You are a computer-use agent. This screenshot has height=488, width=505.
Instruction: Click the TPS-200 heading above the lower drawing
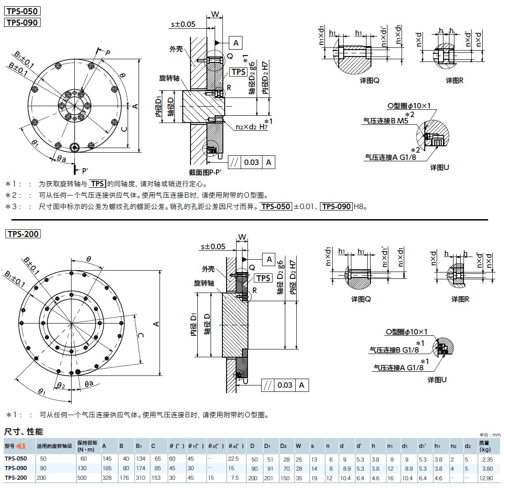23,234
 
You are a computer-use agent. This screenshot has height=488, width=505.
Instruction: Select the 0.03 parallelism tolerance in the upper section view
251,162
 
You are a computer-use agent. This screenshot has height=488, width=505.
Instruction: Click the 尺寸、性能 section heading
24,431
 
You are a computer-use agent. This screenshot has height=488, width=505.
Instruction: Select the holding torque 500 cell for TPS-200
84,478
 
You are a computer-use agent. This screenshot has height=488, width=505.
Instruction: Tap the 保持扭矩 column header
85,446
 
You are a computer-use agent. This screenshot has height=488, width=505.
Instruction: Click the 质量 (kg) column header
485,446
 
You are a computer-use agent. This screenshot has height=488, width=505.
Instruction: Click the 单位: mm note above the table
490,435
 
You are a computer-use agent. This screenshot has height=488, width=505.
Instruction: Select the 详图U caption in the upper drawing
440,167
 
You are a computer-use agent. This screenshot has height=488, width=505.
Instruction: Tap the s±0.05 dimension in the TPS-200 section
213,247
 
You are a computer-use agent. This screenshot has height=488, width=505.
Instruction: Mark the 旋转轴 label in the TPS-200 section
204,283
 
